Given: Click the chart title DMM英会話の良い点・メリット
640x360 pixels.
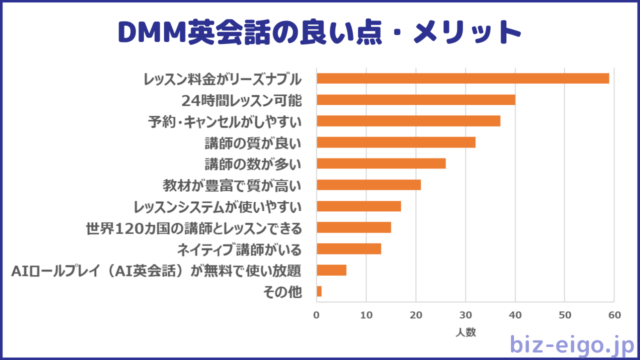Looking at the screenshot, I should tap(320, 33).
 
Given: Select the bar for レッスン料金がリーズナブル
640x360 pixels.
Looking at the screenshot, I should tap(462, 78).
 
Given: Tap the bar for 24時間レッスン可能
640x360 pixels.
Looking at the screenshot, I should tap(416, 99).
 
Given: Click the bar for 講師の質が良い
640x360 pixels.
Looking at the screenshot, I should tap(396, 142).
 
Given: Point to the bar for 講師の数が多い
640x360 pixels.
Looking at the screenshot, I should tap(381, 163).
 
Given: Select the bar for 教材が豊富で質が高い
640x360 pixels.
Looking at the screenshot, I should tap(369, 185).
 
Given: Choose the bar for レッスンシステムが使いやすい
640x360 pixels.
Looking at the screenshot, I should tap(359, 206).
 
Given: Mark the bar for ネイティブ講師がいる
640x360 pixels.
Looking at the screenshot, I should tap(349, 248).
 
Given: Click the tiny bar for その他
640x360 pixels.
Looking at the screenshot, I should tap(319, 291).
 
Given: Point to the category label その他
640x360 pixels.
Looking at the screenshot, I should tap(289, 291).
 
